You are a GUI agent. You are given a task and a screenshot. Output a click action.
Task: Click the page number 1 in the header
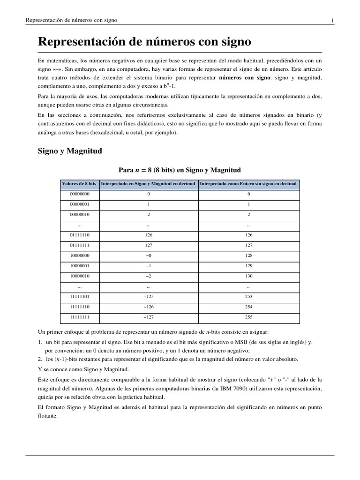(332, 20)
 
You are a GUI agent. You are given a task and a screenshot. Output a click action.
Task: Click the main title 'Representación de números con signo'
(144, 42)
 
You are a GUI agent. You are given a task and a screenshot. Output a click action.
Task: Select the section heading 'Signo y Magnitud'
(70, 151)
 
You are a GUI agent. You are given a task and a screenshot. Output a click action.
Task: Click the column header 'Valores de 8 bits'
(79, 184)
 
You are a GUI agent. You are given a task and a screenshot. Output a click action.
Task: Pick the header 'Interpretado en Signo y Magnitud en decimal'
(148, 184)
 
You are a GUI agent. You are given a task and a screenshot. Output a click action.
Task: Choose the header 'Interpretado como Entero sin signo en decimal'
(248, 184)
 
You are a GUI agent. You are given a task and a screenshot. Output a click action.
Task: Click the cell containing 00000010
(79, 214)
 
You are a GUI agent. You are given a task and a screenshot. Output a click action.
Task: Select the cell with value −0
(148, 255)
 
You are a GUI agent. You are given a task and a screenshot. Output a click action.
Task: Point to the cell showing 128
(248, 255)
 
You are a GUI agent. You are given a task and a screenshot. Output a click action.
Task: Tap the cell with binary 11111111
(79, 317)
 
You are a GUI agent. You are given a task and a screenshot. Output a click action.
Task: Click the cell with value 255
(248, 317)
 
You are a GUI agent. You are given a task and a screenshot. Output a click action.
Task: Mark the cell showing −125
(148, 297)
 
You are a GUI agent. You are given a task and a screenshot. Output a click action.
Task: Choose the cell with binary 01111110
(79, 235)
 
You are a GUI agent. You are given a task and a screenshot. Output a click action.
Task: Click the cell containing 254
(248, 307)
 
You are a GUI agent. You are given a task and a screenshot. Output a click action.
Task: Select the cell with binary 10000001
(79, 266)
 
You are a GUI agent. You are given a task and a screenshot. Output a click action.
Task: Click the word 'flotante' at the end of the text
(48, 416)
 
